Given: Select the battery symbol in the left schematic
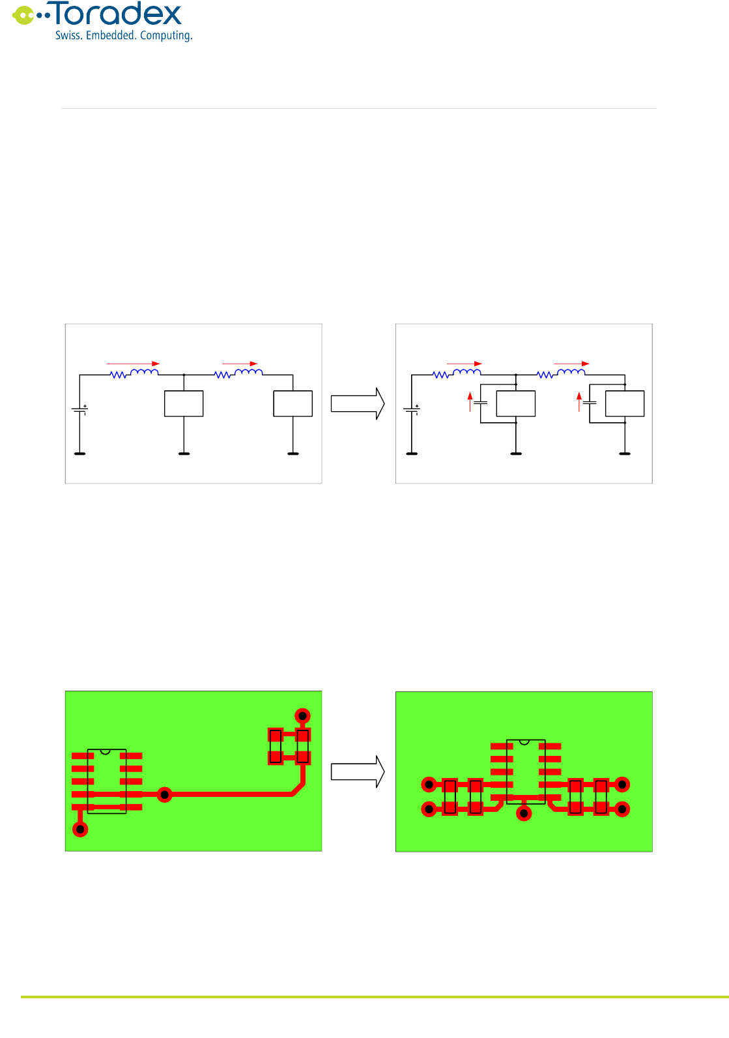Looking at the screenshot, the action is pos(79,410).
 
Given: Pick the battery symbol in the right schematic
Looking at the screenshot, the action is pos(412,410).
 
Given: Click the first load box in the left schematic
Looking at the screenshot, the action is pos(184,403).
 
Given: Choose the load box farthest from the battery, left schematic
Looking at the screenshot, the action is pos(293,403).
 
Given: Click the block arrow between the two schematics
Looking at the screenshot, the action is pos(358,404).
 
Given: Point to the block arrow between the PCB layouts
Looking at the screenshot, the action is pos(358,771).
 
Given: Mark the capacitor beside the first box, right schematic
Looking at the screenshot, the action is pos(481,403).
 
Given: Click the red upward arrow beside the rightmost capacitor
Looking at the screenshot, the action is pos(579,401).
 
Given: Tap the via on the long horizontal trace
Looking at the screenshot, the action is pos(165,794).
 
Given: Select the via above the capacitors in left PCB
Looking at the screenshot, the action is pos(302,716).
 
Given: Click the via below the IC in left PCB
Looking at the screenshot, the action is pos(80,829).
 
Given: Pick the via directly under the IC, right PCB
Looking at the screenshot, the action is pos(524,813).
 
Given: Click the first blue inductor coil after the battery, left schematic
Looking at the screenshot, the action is pos(145,373).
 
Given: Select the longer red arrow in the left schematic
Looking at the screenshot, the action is pos(133,364).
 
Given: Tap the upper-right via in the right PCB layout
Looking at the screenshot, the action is pos(622,785).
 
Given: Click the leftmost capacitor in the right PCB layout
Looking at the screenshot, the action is pos(450,797).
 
